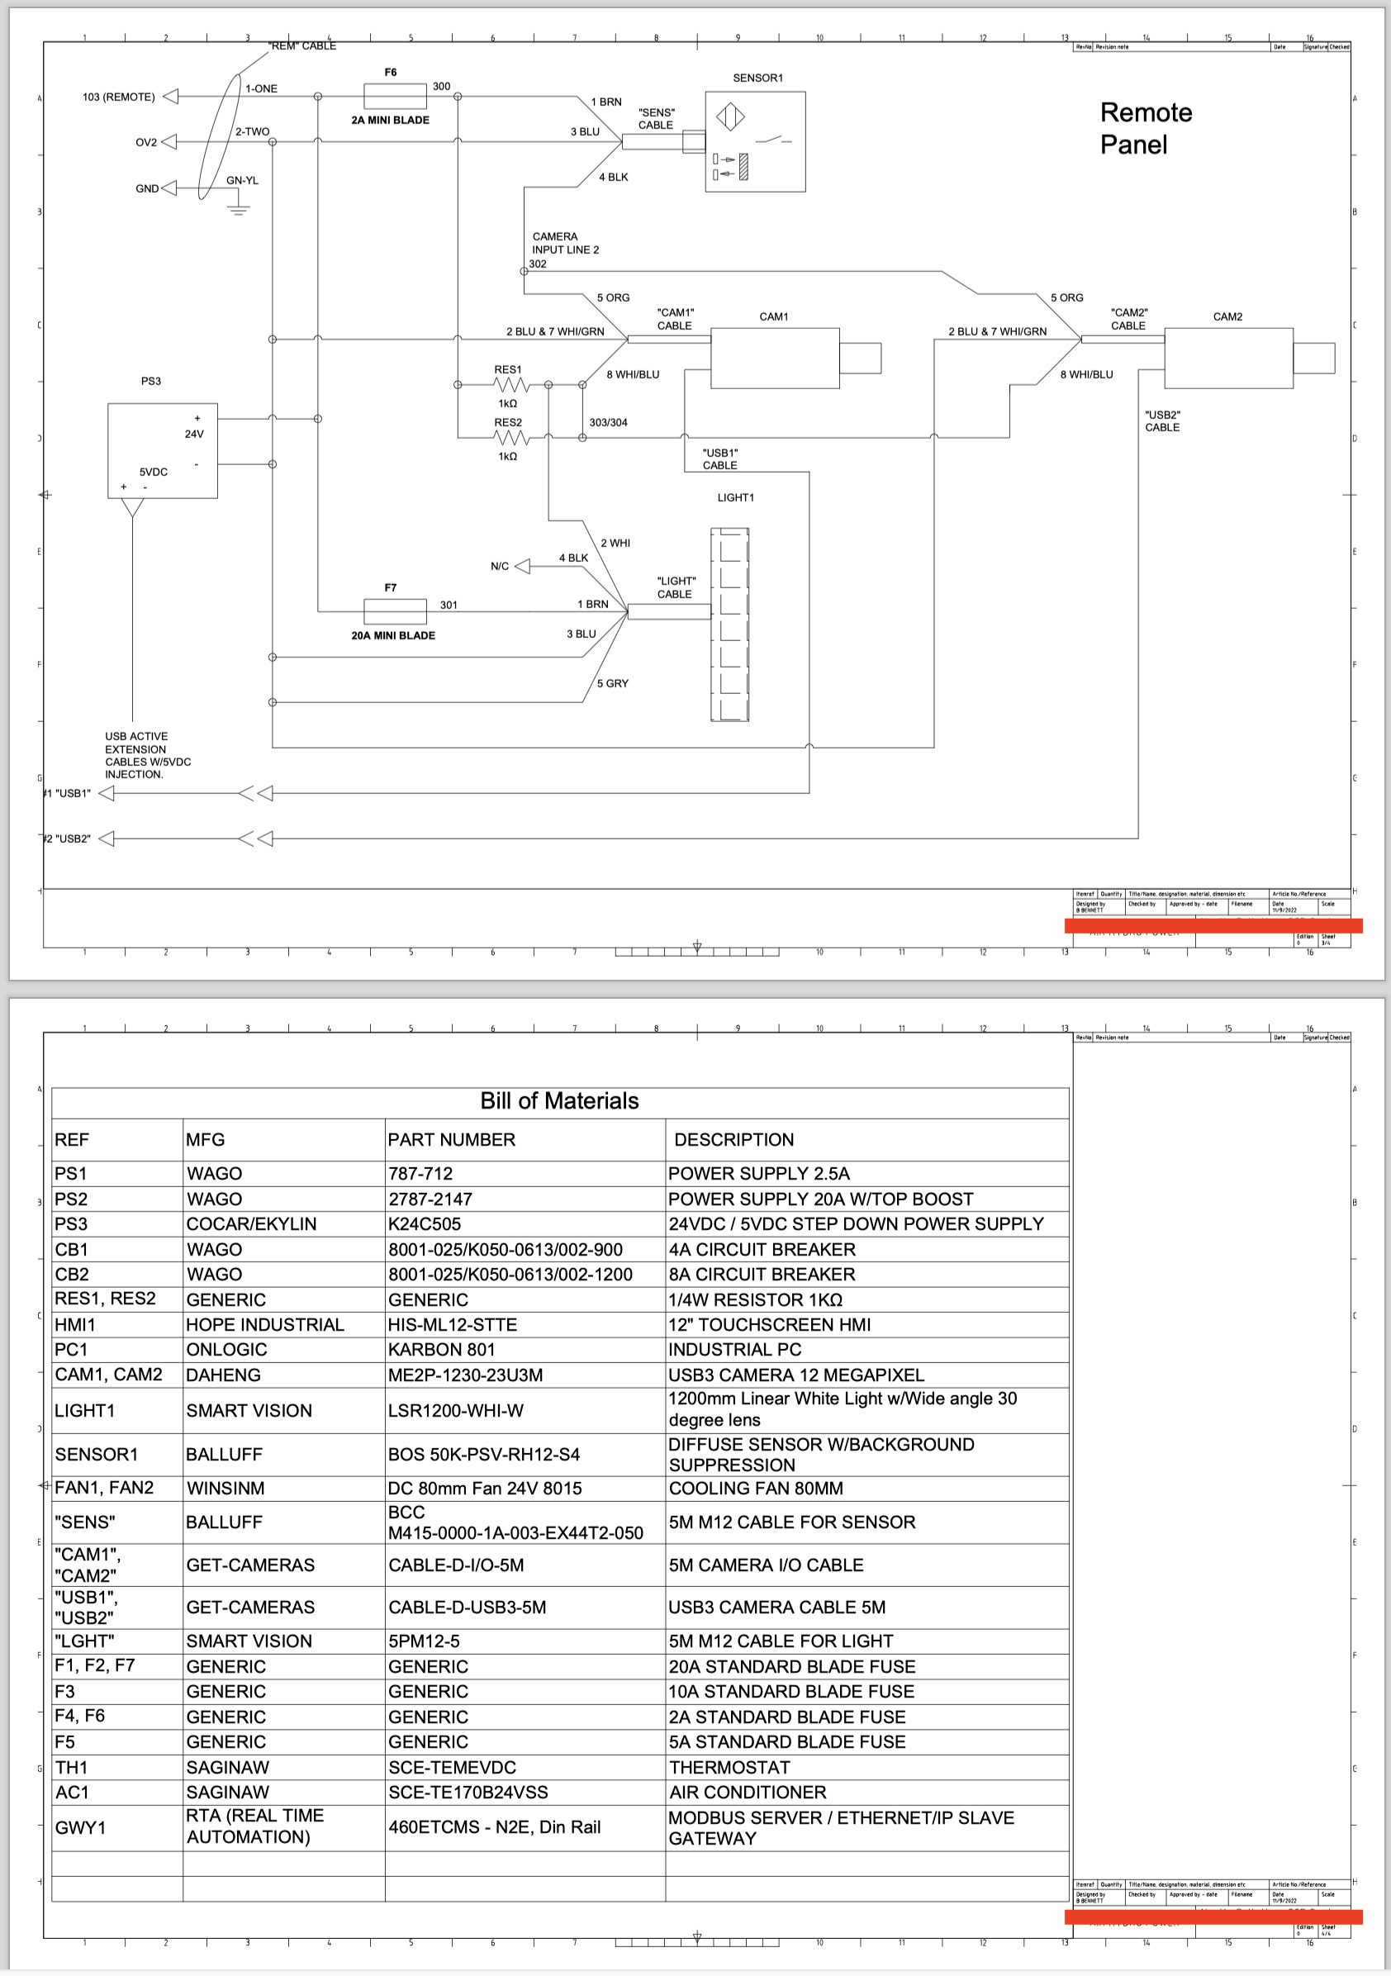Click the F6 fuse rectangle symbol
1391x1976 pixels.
point(394,96)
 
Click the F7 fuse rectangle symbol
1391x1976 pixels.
point(394,611)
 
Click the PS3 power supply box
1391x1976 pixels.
point(162,450)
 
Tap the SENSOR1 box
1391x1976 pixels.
point(755,141)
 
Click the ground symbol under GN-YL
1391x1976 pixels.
point(239,207)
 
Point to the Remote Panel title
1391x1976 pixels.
point(1145,128)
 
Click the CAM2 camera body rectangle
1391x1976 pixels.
point(1227,358)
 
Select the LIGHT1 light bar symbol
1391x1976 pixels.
point(729,624)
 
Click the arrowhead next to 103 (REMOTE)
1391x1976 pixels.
point(170,97)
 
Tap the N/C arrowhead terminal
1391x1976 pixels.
point(522,567)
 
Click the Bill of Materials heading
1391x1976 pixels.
point(559,1100)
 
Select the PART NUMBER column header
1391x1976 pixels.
point(451,1139)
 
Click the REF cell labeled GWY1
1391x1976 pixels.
point(80,1827)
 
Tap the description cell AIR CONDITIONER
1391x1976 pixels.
point(748,1792)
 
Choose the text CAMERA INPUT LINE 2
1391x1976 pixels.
point(565,243)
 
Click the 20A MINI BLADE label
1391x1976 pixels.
point(392,635)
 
